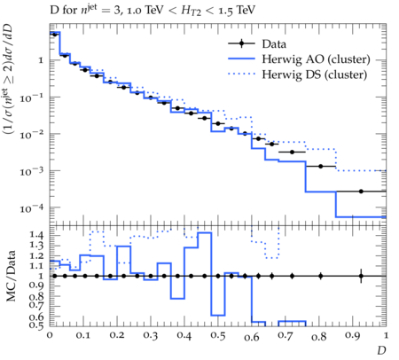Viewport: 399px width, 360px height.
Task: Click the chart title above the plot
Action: (153, 11)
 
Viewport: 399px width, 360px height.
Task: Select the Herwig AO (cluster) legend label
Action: (316, 59)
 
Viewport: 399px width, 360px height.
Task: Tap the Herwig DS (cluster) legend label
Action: (315, 74)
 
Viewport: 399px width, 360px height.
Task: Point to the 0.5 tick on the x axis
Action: (218, 336)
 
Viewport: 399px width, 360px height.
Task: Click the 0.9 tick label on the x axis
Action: (352, 336)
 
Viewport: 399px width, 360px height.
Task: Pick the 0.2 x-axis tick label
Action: (117, 336)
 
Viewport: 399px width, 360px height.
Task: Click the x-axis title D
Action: (381, 350)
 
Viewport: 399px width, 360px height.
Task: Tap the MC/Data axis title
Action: (11, 276)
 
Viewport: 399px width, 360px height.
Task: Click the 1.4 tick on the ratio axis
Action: (36, 235)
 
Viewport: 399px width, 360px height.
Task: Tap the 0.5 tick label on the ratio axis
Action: (36, 325)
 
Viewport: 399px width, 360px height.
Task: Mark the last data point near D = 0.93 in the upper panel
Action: (361, 192)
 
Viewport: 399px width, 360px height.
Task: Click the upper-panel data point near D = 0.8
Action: (320, 167)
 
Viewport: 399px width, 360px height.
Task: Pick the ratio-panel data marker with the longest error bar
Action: (361, 276)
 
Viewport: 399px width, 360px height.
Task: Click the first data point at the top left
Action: (54, 35)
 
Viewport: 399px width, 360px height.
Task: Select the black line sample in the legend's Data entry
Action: (241, 43)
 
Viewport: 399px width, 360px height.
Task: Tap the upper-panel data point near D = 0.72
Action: (292, 152)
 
